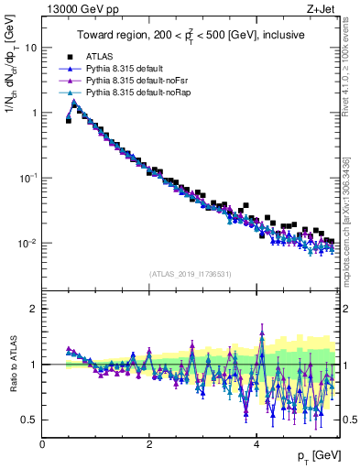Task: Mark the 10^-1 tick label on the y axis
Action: pyautogui.click(x=28, y=178)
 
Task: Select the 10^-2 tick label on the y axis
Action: pyautogui.click(x=28, y=244)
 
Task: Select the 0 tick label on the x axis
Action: pyautogui.click(x=43, y=443)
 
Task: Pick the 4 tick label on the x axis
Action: pyautogui.click(x=256, y=443)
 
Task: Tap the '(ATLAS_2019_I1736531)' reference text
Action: pyautogui.click(x=191, y=274)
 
